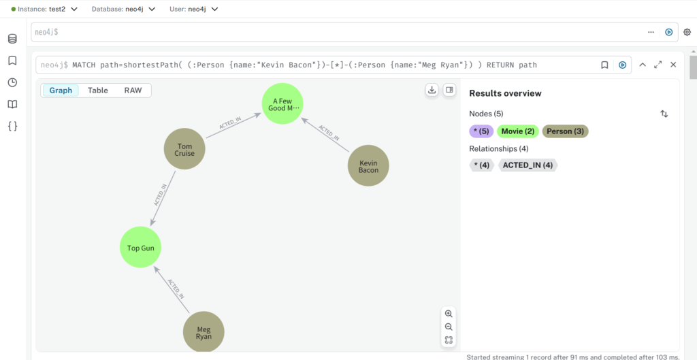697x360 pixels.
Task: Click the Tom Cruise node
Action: point(184,149)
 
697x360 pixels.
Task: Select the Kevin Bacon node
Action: point(368,166)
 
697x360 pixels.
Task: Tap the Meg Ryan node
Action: point(204,332)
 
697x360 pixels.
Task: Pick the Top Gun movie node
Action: point(140,248)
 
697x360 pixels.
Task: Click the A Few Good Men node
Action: point(282,104)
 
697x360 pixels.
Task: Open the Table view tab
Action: point(98,91)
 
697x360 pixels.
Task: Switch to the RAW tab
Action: point(133,91)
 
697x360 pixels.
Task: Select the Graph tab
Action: point(61,91)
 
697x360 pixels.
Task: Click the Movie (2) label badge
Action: point(518,131)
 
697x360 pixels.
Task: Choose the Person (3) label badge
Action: point(566,131)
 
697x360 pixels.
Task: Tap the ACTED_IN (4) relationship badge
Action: point(528,165)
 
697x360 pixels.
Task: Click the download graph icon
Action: point(431,90)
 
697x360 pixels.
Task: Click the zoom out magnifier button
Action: point(449,327)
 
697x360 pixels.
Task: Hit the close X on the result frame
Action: point(673,65)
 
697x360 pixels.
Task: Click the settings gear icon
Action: point(687,32)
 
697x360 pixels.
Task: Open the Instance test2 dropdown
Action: point(44,9)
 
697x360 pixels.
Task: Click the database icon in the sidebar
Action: point(12,39)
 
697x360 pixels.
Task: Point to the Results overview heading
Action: point(506,93)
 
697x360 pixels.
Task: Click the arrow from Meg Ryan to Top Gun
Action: point(172,290)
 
